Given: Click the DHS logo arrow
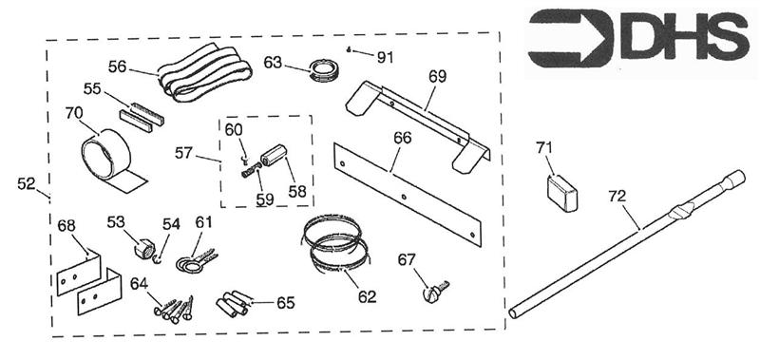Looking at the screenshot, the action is (571, 38).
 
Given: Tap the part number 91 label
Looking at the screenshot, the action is (386, 58).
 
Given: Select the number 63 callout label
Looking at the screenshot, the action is (273, 63).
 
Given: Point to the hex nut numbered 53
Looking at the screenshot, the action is (143, 249).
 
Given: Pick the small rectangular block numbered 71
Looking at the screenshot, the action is (562, 193).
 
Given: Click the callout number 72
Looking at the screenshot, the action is (617, 197).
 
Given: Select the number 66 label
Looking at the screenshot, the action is (402, 138).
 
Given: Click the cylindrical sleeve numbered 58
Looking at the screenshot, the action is (275, 155).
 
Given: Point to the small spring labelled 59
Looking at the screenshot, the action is (251, 171).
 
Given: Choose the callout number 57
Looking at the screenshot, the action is (183, 153).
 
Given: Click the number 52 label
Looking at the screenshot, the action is (27, 183).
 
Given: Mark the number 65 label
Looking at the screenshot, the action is (286, 303).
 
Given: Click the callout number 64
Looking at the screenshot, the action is (139, 283).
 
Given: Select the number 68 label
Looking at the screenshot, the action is (66, 225).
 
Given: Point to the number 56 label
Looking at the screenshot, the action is (117, 66).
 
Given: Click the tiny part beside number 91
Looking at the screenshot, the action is (350, 48).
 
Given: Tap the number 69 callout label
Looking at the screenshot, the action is (437, 77).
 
